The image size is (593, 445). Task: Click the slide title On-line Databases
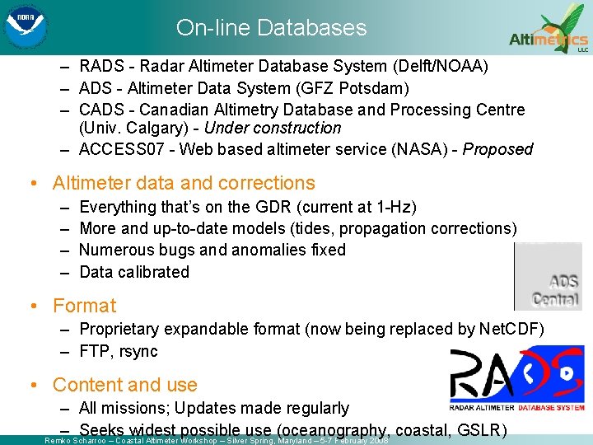pos(271,27)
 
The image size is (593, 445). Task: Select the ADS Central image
pos(548,277)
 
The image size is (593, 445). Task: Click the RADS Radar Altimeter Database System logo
pos(517,377)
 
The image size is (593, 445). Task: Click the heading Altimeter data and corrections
pos(184,183)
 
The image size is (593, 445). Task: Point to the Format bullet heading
pos(84,306)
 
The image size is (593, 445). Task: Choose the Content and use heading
pos(124,385)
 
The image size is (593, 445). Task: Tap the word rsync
pos(137,351)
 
